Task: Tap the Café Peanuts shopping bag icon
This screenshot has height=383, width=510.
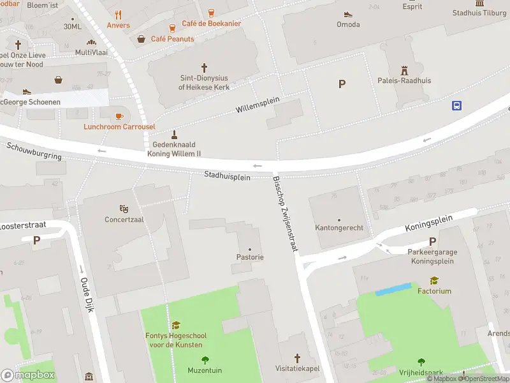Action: coord(142,39)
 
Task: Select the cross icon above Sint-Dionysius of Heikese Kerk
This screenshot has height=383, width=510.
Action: coord(204,67)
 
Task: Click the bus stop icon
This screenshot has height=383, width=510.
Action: coord(456,106)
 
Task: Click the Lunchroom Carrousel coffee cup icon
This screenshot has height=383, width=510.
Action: coord(119,116)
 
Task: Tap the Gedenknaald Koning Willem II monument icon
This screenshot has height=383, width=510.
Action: coord(174,135)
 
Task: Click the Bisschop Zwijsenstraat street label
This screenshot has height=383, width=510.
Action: coord(286,213)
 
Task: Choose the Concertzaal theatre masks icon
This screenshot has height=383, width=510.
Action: coord(124,209)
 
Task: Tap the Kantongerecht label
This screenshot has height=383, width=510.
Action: coord(339,228)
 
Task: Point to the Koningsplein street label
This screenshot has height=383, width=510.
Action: coord(428,223)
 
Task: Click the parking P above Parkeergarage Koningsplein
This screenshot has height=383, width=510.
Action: coord(432,241)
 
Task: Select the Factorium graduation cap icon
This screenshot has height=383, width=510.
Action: coord(434,280)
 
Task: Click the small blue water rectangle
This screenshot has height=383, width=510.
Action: coord(393,289)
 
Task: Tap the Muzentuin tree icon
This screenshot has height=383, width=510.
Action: coord(205,360)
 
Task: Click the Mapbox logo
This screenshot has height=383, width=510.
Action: coord(28,375)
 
